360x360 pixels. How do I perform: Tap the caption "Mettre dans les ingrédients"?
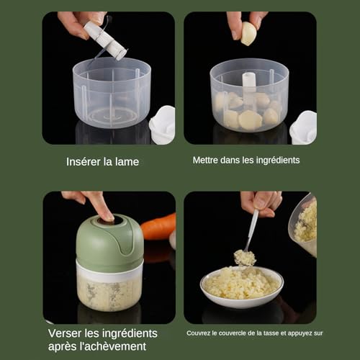pos(246,160)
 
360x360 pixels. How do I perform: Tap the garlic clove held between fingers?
pos(248,33)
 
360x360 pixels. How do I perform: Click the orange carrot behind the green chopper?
pos(159,226)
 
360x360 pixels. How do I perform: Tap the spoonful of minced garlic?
pos(245,258)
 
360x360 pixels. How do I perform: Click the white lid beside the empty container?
pos(163,125)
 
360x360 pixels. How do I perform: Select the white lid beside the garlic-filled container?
pos(303,127)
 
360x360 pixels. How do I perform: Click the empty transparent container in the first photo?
pos(112,94)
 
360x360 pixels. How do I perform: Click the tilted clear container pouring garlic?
pos(305,225)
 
